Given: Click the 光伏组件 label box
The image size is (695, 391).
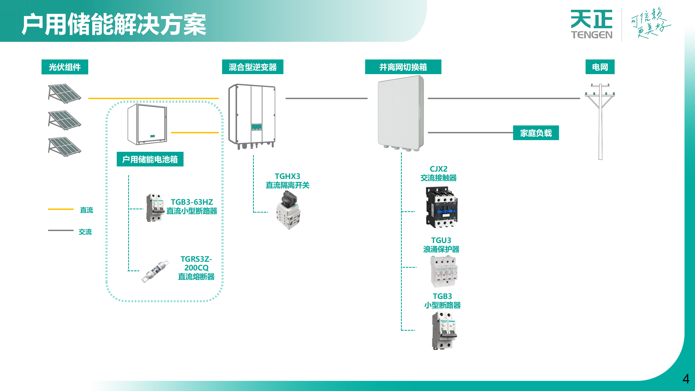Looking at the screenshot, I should pos(65,67).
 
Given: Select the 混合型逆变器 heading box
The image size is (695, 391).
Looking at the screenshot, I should pos(252,67).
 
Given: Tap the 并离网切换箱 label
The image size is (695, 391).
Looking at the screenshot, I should pos(403,67).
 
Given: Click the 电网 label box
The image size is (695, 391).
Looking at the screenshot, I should pos(600,67).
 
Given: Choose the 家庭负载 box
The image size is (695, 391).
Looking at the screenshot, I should pos(536,133).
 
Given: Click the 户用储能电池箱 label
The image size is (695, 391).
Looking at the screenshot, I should pos(150,159).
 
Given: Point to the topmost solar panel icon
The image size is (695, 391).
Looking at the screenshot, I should pos(64,93).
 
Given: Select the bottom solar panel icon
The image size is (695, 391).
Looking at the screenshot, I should pos(64,147).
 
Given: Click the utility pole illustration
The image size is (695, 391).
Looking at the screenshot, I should pos(600,119).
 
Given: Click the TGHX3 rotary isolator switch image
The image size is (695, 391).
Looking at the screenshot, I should pos(288,210).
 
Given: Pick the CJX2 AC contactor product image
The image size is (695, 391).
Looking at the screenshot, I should pos(442,207).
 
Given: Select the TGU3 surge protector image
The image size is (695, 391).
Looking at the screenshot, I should pos(444,272).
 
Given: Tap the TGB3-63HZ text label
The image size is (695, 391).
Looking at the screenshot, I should pos(192,202).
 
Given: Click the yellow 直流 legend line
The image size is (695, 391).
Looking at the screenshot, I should pos(61,209).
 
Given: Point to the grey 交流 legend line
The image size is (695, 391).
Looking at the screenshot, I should pos(61,230).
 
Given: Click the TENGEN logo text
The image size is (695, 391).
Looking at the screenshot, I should pos(591,35).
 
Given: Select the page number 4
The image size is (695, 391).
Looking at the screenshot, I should pos(686,379).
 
